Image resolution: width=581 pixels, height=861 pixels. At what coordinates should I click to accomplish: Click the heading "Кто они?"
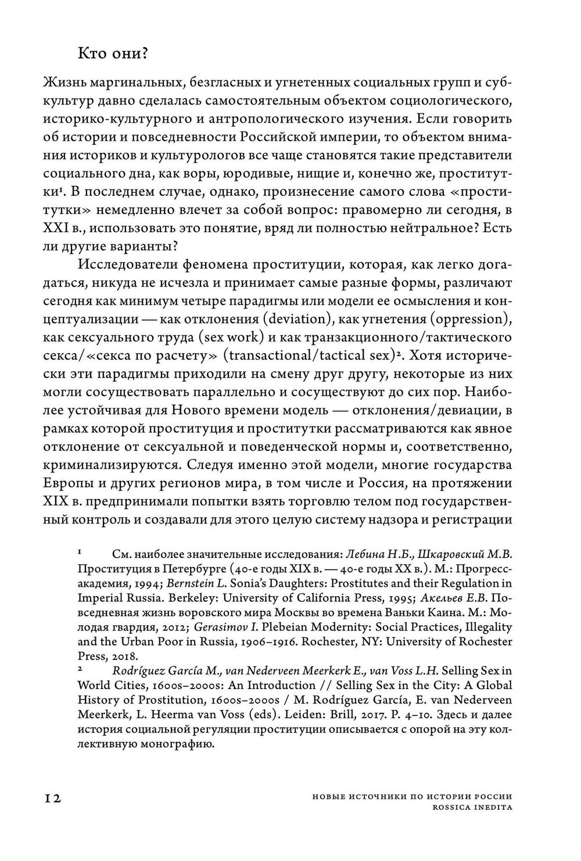pos(114,53)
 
